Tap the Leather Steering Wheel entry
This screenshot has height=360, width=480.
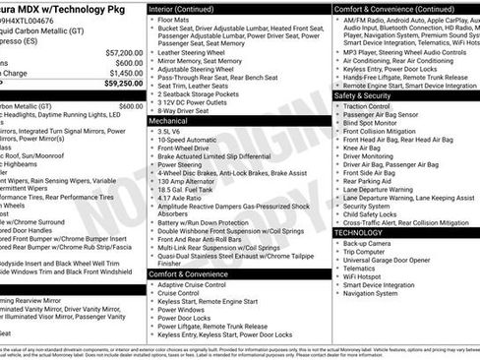198,51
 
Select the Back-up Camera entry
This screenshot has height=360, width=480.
367,242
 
